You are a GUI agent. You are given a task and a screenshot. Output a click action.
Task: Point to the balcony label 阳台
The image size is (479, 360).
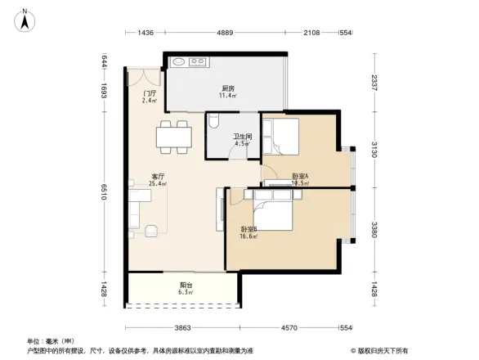(186, 286)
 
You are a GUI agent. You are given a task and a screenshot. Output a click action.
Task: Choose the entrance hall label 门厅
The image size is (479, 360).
(150, 93)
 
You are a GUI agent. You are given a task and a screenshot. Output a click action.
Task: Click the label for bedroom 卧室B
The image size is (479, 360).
(248, 229)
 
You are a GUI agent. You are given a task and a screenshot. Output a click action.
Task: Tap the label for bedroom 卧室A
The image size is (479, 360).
(300, 177)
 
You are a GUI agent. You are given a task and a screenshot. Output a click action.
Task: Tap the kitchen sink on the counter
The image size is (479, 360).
(196, 61)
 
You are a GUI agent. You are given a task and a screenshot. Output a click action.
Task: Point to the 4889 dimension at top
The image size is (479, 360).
(226, 33)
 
